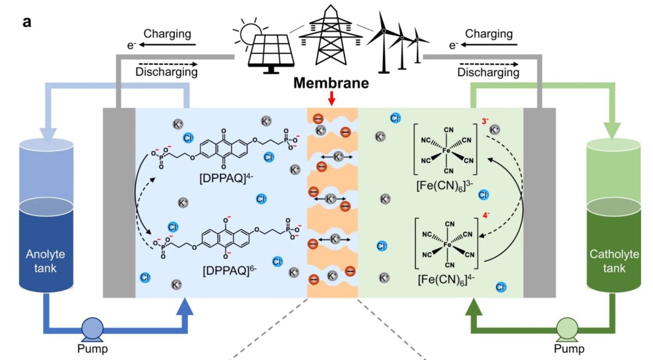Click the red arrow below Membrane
[332, 99]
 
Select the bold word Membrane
[332, 83]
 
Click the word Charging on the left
[167, 34]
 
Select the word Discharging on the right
[488, 72]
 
